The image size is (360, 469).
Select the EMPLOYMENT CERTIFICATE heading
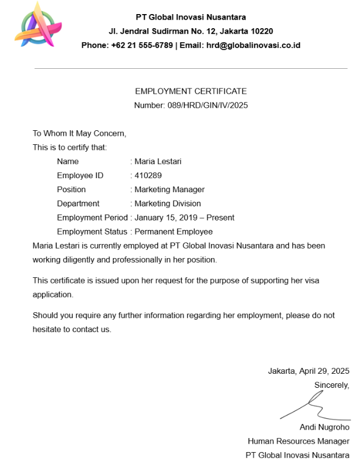tap(191, 91)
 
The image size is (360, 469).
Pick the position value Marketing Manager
tap(169, 189)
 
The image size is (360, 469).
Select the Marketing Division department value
tap(168, 203)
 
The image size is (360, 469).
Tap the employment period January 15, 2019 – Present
tap(184, 218)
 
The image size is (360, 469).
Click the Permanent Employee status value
tap(173, 232)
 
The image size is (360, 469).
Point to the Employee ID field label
tap(80, 175)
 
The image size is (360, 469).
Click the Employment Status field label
tap(92, 232)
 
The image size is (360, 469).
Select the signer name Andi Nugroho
tap(324, 427)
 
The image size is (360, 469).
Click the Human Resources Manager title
tap(298, 441)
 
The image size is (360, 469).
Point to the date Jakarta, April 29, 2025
tap(309, 371)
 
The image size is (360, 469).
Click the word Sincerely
tap(332, 385)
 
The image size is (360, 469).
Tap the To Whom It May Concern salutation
tap(80, 134)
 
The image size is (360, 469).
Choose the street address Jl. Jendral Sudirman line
tap(191, 31)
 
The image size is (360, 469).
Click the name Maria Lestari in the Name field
tap(158, 161)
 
